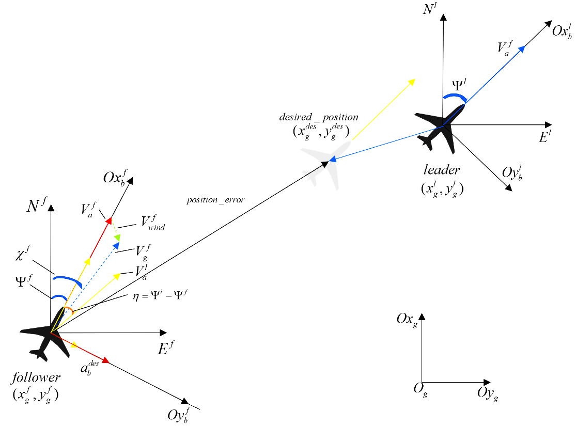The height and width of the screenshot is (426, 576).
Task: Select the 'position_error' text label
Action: pyautogui.click(x=216, y=200)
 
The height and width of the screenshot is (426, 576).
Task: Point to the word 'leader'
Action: pyautogui.click(x=442, y=170)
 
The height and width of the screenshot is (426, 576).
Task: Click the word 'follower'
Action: pyautogui.click(x=36, y=378)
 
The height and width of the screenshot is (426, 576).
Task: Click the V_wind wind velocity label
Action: pyautogui.click(x=152, y=223)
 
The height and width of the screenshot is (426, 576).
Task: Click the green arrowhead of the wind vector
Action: pyautogui.click(x=118, y=237)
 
